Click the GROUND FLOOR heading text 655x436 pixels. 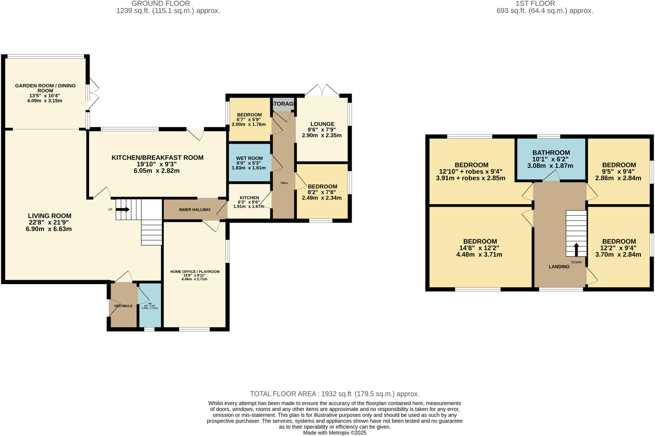[161, 4]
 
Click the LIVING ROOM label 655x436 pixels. [50, 216]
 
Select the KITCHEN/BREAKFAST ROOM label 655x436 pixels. [157, 158]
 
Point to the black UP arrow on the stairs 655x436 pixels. [123, 210]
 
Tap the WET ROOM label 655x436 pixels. [249, 158]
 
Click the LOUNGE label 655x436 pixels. [322, 124]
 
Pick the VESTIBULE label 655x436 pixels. [123, 306]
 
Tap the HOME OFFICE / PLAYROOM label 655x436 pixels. [195, 272]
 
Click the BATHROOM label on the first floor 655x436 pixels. [551, 153]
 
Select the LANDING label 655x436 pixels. [559, 267]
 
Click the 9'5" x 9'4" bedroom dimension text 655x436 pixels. [619, 172]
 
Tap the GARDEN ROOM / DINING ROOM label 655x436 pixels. [45, 88]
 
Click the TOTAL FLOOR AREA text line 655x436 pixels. [335, 394]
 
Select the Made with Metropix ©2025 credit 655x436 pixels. [335, 433]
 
